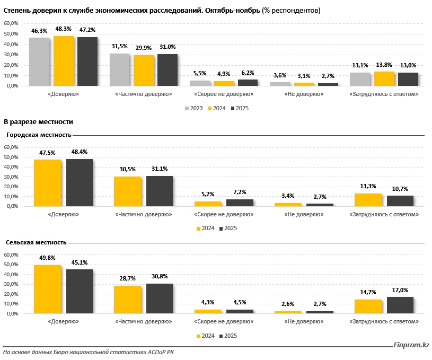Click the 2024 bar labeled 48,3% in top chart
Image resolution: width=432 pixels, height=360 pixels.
[x=64, y=61]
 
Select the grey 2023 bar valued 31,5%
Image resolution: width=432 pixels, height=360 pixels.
[x=120, y=69]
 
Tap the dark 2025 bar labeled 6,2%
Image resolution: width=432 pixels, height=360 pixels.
[x=248, y=83]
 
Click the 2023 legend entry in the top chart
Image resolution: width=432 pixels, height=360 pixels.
[x=193, y=108]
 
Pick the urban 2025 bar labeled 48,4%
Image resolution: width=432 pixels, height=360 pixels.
[x=80, y=182]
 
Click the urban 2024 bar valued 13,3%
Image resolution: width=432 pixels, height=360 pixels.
[x=368, y=199]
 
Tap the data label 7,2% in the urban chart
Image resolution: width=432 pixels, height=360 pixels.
[x=240, y=192]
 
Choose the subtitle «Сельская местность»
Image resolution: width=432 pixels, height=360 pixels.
[x=36, y=242]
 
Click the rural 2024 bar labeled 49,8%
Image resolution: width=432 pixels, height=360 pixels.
[x=47, y=289]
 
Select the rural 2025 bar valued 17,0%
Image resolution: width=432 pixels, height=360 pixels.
[x=400, y=305]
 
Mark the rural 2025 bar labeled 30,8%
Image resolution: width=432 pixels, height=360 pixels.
[x=160, y=298]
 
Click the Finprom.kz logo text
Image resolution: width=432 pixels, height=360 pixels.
[x=411, y=346]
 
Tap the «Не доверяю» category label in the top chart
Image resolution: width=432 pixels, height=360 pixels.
[x=304, y=94]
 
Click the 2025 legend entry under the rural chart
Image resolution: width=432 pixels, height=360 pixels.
[x=228, y=336]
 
